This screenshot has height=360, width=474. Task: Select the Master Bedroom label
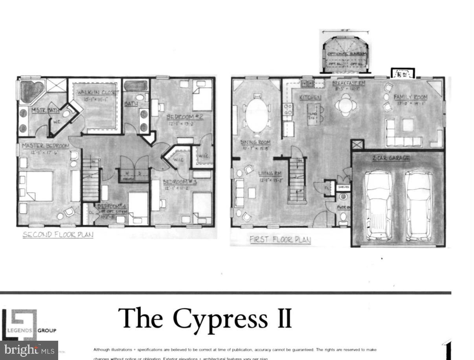pyautogui.click(x=45, y=146)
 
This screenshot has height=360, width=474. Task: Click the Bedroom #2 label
pyautogui.click(x=184, y=117)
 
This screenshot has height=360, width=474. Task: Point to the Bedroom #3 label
pyautogui.click(x=176, y=182)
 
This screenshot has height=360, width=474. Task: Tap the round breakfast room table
pyautogui.click(x=345, y=105)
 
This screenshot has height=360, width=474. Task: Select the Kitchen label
pyautogui.click(x=310, y=97)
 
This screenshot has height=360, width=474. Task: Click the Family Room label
pyautogui.click(x=411, y=97)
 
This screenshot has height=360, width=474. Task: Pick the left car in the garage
pyautogui.click(x=378, y=205)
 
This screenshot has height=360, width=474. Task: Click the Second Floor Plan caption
pyautogui.click(x=58, y=235)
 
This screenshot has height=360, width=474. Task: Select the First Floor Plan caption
pyautogui.click(x=280, y=240)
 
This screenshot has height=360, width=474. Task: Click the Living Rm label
pyautogui.click(x=270, y=173)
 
